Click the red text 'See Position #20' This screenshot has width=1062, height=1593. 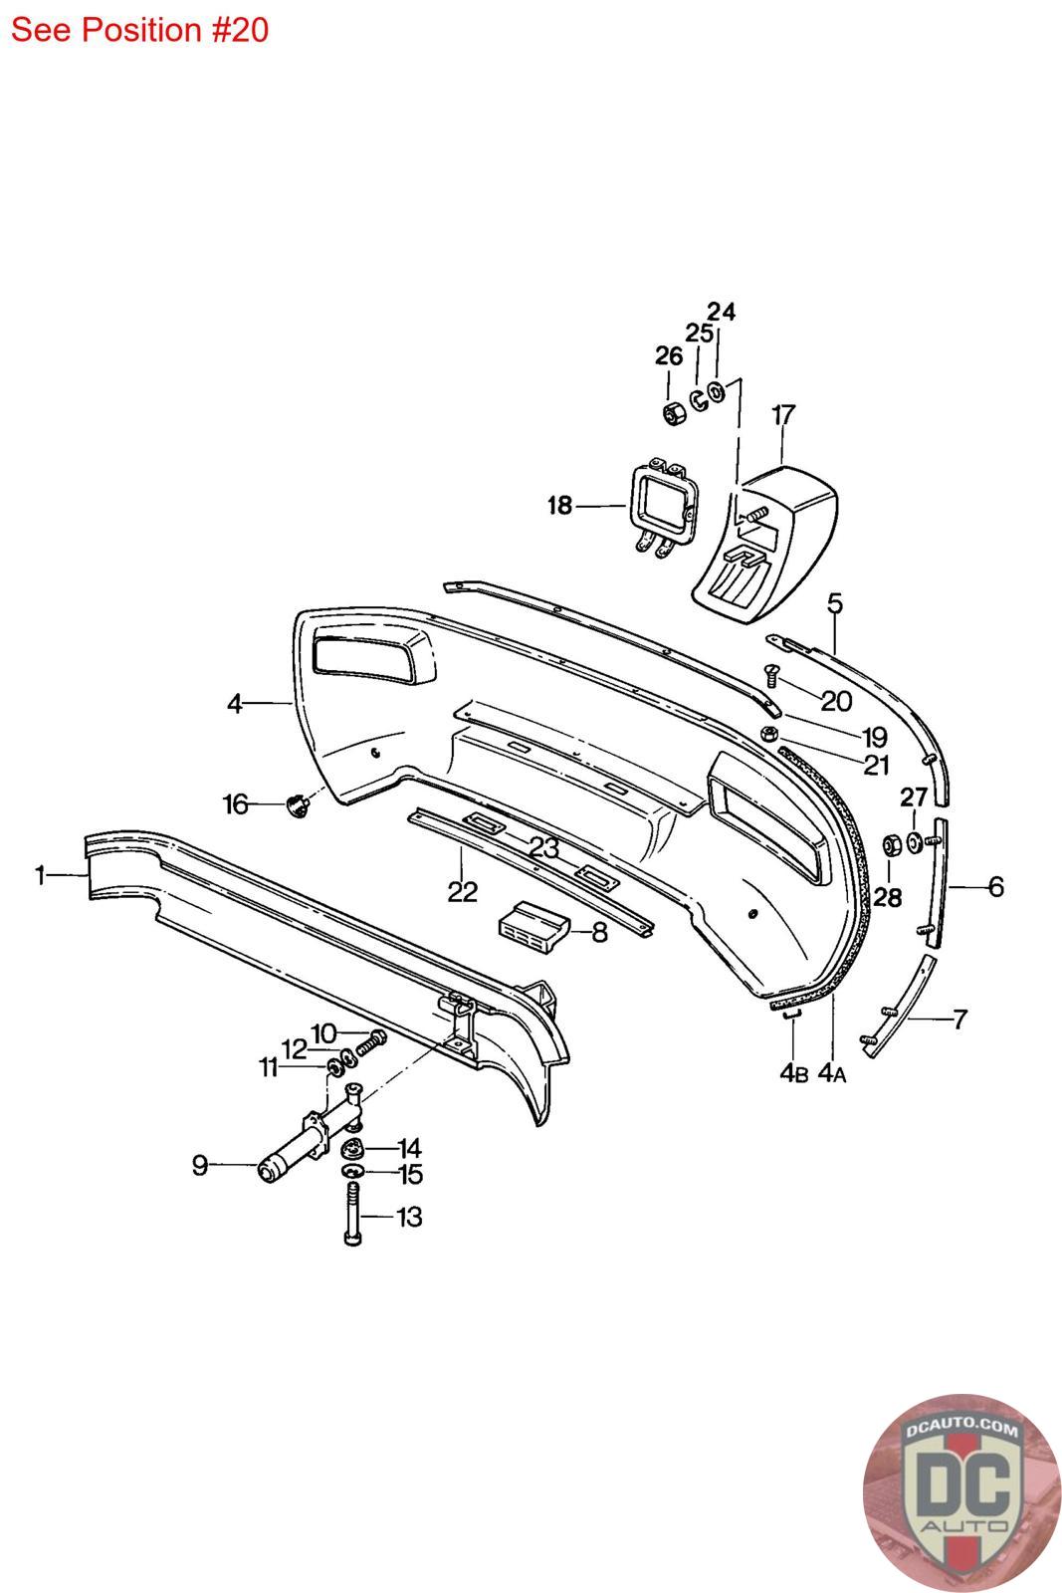(139, 30)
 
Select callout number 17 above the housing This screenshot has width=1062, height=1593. (783, 414)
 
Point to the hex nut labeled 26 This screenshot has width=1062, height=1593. (673, 412)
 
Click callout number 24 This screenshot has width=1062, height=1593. (722, 312)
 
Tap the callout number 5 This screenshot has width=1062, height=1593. (834, 602)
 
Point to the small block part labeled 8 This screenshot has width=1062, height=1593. (532, 926)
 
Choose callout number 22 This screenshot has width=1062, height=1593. (462, 891)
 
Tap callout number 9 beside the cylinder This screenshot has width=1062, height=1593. (200, 1164)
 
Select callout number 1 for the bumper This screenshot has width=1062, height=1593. (40, 876)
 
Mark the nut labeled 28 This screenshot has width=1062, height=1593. (891, 848)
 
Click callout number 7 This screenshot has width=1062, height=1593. (959, 1019)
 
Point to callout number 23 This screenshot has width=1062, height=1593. (543, 848)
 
